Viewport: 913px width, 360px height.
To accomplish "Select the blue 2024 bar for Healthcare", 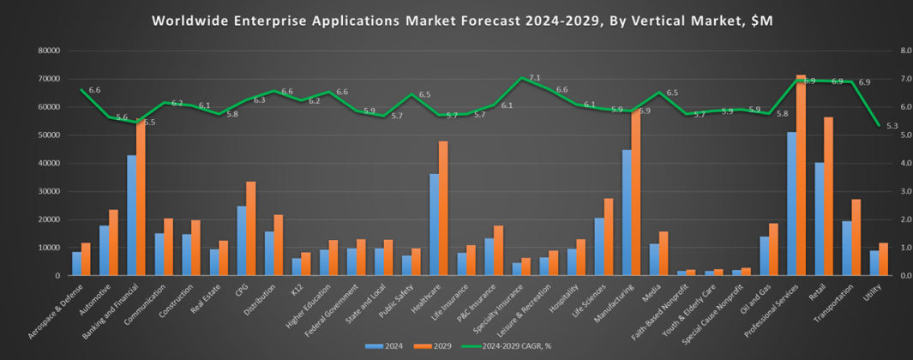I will click(435, 225).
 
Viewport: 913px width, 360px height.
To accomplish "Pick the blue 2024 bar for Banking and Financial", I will click(132, 215).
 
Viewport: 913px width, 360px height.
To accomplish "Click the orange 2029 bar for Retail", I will click(828, 196).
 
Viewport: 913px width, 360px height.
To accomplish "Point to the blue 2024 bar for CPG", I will click(242, 241).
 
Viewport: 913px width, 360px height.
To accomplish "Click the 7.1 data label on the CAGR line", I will click(534, 78).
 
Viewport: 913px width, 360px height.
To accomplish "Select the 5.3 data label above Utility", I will click(892, 127).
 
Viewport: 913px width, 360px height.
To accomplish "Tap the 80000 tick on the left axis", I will click(48, 51).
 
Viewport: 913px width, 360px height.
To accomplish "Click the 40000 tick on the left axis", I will click(48, 163).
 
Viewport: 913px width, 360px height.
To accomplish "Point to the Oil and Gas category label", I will click(754, 299).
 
